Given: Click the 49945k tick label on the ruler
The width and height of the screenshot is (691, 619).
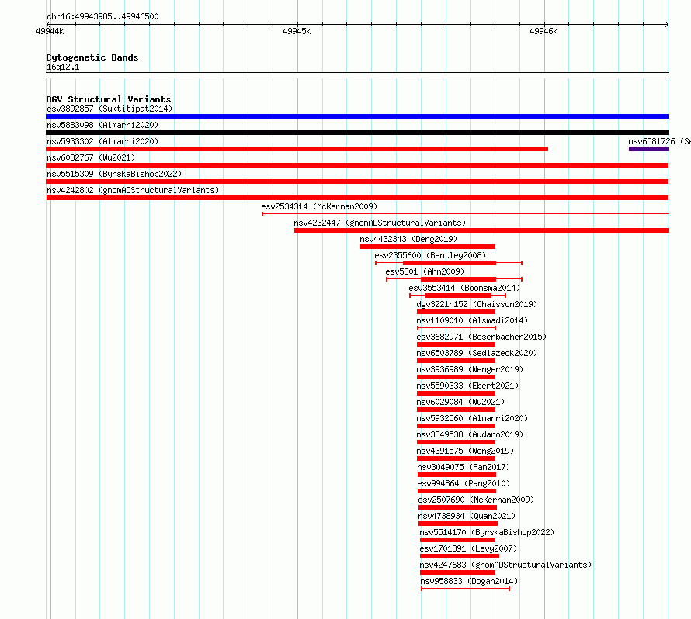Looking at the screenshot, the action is coord(297,31).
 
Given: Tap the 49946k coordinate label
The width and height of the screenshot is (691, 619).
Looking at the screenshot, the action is coord(543,31).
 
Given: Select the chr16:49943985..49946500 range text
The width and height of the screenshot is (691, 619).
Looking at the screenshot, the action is coord(102,17).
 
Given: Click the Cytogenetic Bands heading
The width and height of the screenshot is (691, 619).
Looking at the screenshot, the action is coord(92,57).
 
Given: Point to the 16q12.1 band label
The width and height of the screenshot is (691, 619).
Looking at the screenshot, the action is coord(63,67).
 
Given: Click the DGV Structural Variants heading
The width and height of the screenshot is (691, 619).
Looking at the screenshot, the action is coord(109,99).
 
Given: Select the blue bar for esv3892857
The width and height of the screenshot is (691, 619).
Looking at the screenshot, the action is coord(357,116).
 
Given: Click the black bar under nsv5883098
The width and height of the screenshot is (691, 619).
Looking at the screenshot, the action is coord(357,133).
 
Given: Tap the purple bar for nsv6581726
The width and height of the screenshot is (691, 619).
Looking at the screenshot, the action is coord(649,149).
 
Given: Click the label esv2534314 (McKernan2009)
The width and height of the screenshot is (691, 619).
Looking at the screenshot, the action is coord(319,206).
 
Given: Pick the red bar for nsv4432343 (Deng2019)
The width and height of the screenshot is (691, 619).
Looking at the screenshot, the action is coord(428,247).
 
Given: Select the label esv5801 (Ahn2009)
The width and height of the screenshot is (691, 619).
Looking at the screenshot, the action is coord(425,271).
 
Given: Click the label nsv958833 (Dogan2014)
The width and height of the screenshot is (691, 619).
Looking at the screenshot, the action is coord(469,581).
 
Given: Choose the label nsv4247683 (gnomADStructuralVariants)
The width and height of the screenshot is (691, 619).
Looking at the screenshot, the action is coord(505,565).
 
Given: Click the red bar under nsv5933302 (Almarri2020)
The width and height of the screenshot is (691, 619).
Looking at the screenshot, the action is coord(297,149).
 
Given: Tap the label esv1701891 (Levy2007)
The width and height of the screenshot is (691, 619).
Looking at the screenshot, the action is coord(468,548).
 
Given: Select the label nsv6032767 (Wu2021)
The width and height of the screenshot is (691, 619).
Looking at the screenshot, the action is coord(91,157).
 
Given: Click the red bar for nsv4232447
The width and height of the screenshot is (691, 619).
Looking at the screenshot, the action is coord(481,230).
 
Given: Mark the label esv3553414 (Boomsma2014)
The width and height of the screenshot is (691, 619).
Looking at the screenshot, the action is coord(464,288).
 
